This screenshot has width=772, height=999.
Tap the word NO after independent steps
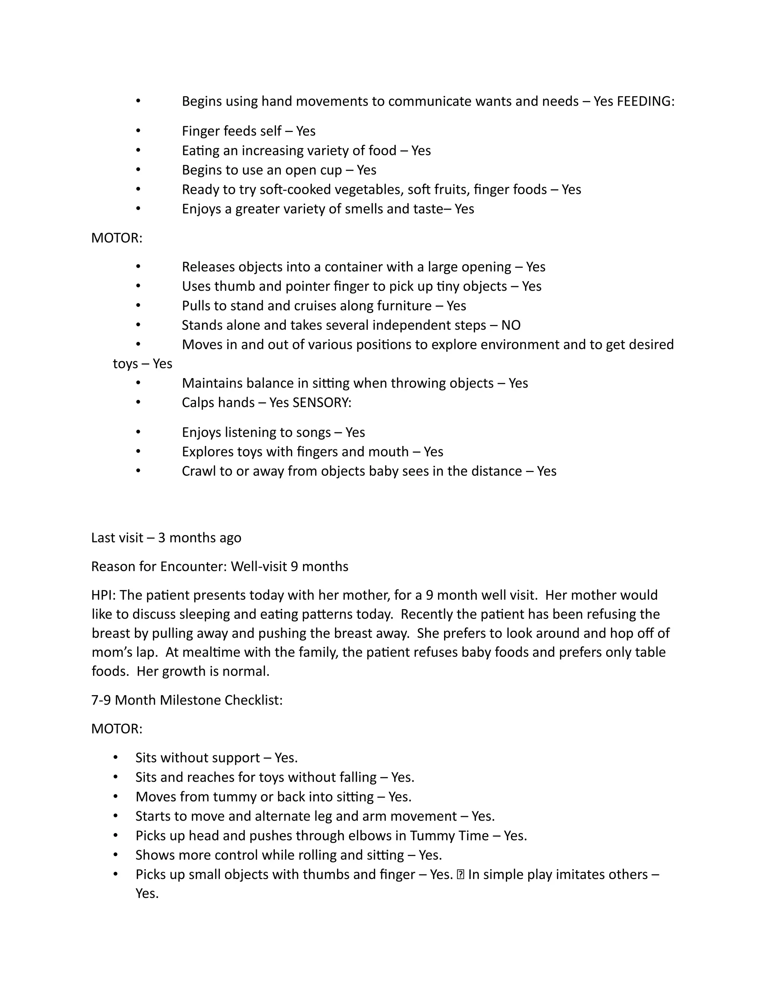coord(511,325)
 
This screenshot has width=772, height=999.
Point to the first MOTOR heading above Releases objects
coord(116,238)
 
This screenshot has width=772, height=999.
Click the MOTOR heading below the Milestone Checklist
coord(116,729)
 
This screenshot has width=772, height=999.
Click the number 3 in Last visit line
coord(161,538)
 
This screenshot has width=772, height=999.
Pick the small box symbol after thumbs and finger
coord(460,875)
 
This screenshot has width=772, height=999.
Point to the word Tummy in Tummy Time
coord(430,836)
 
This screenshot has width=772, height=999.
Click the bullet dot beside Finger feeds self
coord(138,131)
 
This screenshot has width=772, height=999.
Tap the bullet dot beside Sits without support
coord(116,758)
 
